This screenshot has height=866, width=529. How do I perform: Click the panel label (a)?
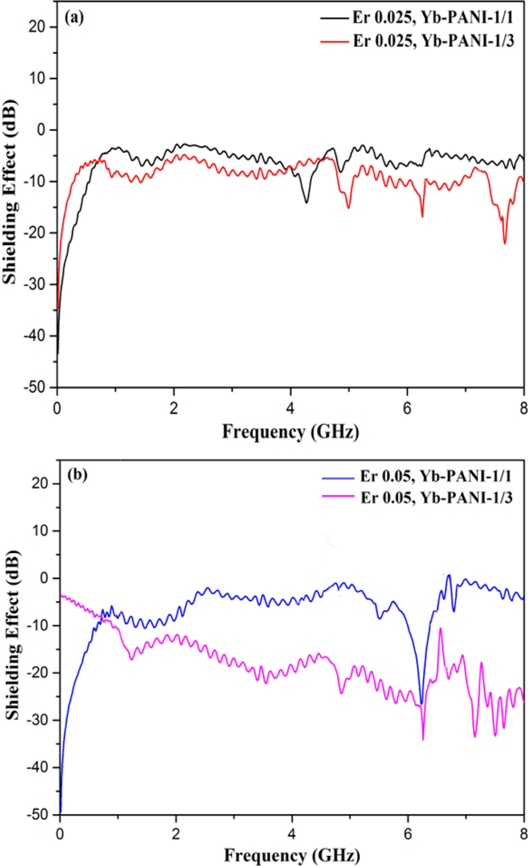[74, 17]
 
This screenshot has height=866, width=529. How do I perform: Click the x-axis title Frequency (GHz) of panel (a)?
[290, 431]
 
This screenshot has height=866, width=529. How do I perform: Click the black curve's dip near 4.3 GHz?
[306, 202]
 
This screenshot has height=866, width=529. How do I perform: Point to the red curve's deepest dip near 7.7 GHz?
[505, 244]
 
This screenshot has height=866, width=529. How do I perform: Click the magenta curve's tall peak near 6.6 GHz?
[440, 628]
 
